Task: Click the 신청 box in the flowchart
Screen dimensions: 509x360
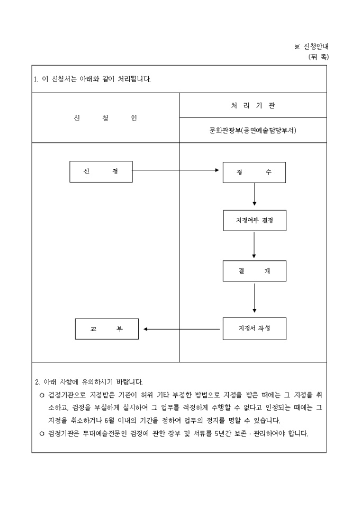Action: click(x=101, y=171)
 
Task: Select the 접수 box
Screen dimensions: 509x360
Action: click(x=254, y=172)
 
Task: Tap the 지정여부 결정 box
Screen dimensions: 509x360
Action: click(x=254, y=220)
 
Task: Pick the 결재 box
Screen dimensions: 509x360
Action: click(x=254, y=271)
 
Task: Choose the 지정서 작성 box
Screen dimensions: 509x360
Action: click(x=254, y=329)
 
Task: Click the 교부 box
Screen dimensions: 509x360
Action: click(x=106, y=329)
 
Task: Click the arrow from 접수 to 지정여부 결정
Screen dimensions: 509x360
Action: click(x=255, y=194)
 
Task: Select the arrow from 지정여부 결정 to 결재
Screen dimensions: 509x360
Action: click(x=255, y=244)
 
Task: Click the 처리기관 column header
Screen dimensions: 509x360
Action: click(x=253, y=105)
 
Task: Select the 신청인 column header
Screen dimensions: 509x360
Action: click(x=105, y=118)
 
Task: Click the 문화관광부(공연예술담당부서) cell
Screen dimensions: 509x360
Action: click(x=253, y=131)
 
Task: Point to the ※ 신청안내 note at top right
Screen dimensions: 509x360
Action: click(x=311, y=47)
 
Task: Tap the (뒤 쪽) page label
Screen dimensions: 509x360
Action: click(x=318, y=57)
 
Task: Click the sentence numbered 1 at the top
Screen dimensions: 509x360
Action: click(x=92, y=79)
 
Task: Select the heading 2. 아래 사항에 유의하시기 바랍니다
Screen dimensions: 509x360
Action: click(x=89, y=381)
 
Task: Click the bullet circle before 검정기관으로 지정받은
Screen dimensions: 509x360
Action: click(x=41, y=395)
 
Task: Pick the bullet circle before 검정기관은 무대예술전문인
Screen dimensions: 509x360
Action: click(x=41, y=433)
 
